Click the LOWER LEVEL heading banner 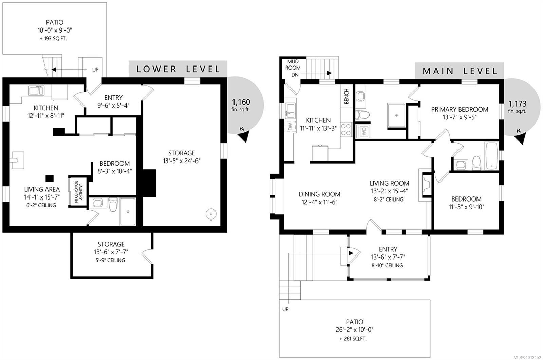point(178,69)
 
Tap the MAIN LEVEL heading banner point(460,71)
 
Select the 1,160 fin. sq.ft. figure point(241,105)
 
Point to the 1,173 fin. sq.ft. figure point(517,107)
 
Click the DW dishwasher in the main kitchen point(291,126)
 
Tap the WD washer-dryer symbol point(363,131)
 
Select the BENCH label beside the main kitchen point(347,96)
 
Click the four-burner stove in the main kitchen point(346,130)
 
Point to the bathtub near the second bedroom point(491,156)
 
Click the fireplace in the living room point(425,185)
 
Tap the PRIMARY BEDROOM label point(460,109)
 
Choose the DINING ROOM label point(319,194)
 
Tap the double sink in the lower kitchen point(36,91)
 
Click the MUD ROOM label point(293,64)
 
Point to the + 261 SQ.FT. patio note point(353,339)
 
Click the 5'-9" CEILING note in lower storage point(111,260)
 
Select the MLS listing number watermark point(527,357)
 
